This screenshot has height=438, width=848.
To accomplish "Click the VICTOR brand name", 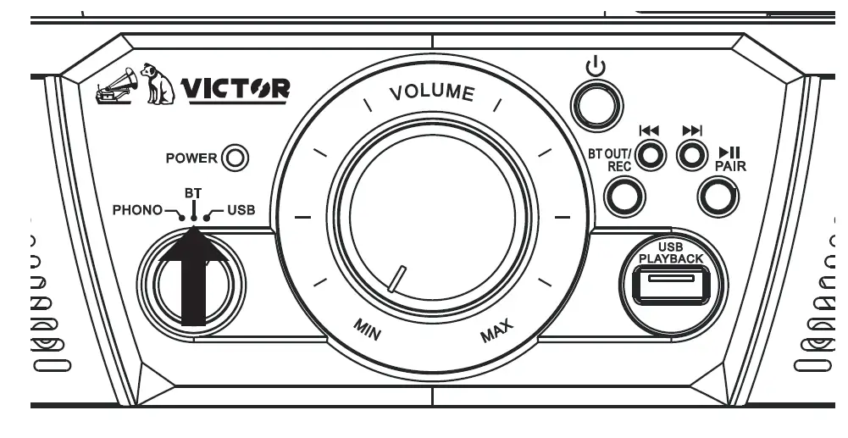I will pos(235,88).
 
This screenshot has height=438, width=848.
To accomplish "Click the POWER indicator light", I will pos(234,158).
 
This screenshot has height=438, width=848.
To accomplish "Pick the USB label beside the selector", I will pos(240,211).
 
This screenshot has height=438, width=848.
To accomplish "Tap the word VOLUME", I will pos(431,91).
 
